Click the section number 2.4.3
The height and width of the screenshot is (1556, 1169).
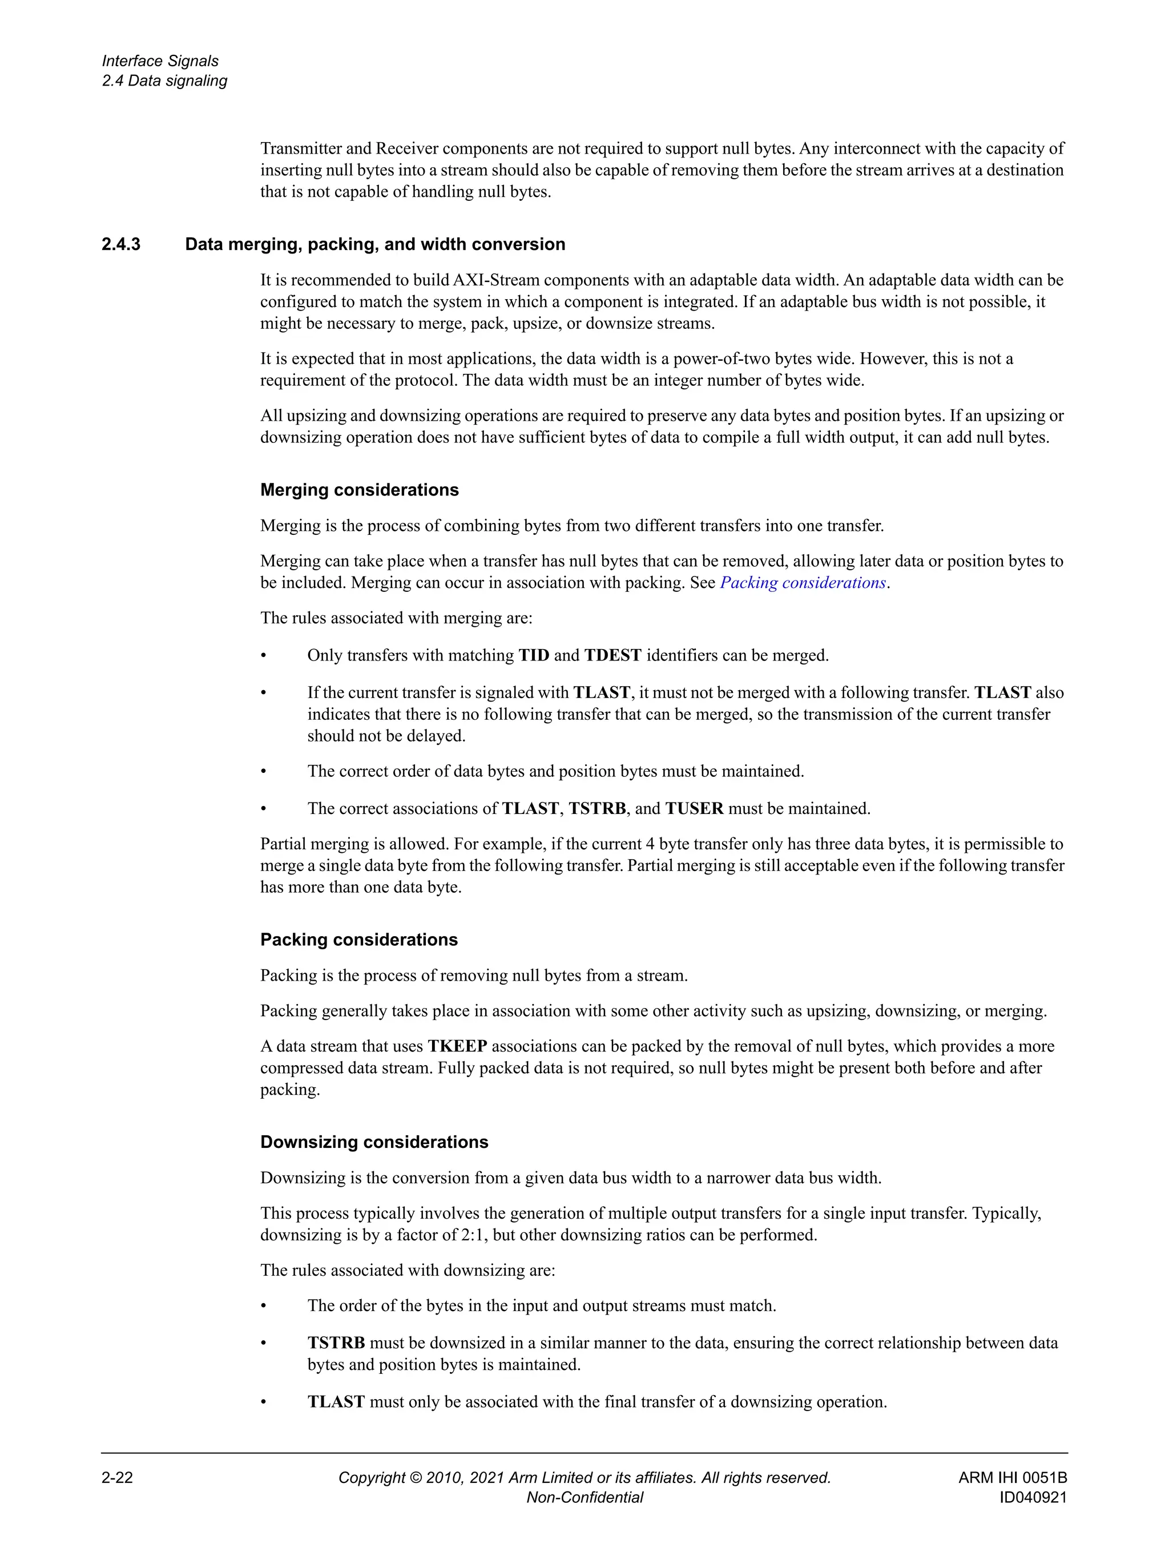point(120,244)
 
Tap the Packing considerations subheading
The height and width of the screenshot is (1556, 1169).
point(358,939)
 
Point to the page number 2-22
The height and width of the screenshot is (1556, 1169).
point(117,1477)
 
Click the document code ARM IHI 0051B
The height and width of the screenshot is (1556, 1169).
point(1012,1477)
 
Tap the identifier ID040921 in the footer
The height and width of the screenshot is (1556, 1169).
point(1033,1497)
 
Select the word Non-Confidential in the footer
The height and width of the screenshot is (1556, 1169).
point(584,1497)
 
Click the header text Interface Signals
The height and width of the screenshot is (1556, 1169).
point(160,61)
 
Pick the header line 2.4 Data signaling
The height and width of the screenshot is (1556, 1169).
point(164,81)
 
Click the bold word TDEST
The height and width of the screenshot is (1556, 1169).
point(612,656)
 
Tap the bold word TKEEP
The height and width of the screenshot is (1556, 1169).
point(457,1046)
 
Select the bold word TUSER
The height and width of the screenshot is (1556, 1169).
point(694,808)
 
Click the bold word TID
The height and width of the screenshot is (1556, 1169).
point(534,656)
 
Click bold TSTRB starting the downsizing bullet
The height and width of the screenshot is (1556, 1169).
point(336,1343)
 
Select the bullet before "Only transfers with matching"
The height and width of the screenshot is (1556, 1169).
point(264,656)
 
